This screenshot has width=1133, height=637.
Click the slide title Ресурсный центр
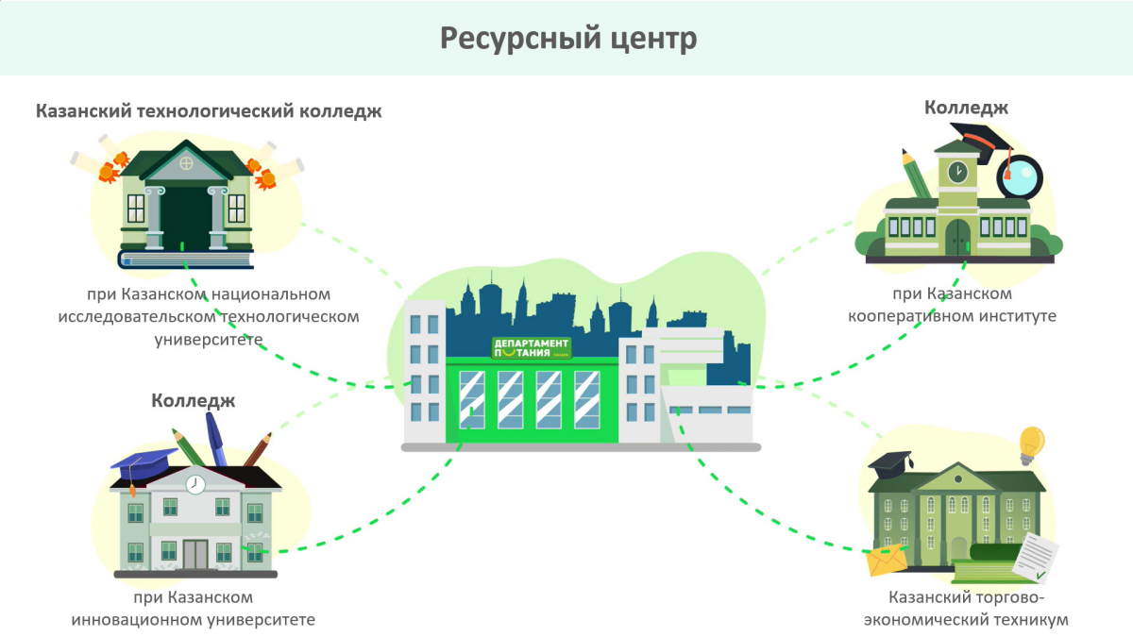click(567, 39)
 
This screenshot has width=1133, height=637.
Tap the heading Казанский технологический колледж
click(209, 111)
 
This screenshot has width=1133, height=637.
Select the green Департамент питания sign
click(532, 347)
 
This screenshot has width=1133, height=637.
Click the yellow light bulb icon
click(1031, 443)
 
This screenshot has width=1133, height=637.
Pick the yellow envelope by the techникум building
click(887, 560)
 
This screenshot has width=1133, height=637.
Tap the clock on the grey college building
click(195, 484)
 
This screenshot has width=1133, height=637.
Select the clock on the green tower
click(957, 171)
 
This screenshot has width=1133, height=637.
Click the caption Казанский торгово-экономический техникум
click(978, 609)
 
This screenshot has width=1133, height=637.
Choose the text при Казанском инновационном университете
click(194, 609)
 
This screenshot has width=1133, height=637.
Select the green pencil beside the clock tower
click(917, 174)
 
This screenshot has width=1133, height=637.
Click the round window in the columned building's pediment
click(186, 162)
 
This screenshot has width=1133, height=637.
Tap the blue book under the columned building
click(185, 259)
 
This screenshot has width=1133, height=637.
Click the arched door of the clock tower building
click(958, 237)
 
